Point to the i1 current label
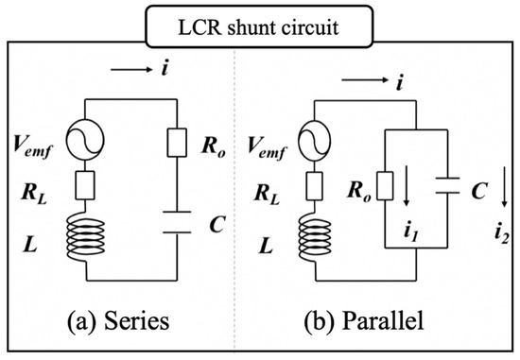click(411, 227)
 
